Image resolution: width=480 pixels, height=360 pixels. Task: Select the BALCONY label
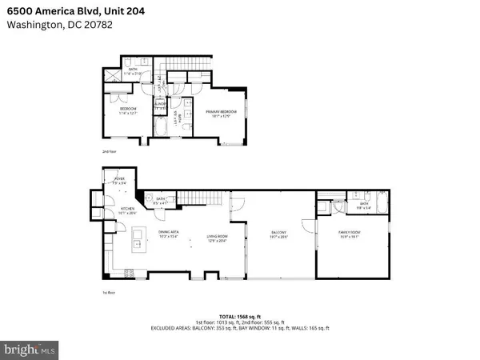[x=278, y=233]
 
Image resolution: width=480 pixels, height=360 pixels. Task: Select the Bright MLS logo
[x=30, y=350]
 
